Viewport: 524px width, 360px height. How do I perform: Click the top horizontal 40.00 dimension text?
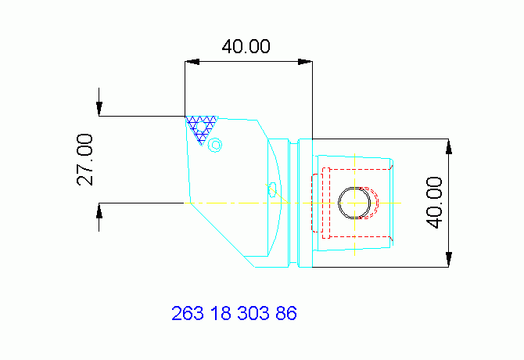pyautogui.click(x=246, y=46)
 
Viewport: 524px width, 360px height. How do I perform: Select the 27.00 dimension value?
pyautogui.click(x=85, y=159)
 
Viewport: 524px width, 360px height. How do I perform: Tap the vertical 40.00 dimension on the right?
pyautogui.click(x=434, y=202)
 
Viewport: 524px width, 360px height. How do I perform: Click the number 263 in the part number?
pyautogui.click(x=187, y=314)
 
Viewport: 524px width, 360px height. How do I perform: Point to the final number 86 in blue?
pyautogui.click(x=286, y=314)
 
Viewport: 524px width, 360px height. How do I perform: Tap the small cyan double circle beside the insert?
pyautogui.click(x=216, y=144)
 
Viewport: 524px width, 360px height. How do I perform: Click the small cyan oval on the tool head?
pyautogui.click(x=272, y=189)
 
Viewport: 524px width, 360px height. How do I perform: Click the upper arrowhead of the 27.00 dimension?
pyautogui.click(x=100, y=109)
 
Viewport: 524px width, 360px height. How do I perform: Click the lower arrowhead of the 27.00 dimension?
pyautogui.click(x=100, y=211)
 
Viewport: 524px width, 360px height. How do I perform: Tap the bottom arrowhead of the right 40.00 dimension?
pyautogui.click(x=449, y=260)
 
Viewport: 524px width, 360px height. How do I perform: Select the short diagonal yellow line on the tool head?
pyautogui.click(x=282, y=199)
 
